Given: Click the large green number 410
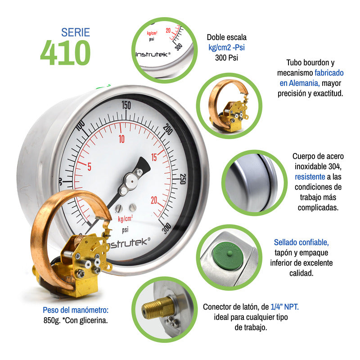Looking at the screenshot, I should [65, 53].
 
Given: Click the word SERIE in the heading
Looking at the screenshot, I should [76, 32].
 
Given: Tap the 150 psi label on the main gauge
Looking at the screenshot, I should [126, 106].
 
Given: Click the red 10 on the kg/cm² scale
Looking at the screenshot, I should [121, 139].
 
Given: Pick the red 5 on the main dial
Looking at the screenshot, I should [89, 167].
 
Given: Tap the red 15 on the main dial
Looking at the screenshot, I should [154, 157].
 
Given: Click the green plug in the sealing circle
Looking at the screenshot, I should [230, 257].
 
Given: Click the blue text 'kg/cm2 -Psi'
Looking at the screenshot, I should [226, 48].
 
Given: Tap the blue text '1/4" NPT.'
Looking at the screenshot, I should [284, 307].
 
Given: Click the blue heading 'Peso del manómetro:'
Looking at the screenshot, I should [76, 310].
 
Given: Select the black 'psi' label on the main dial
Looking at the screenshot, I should [125, 229].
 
